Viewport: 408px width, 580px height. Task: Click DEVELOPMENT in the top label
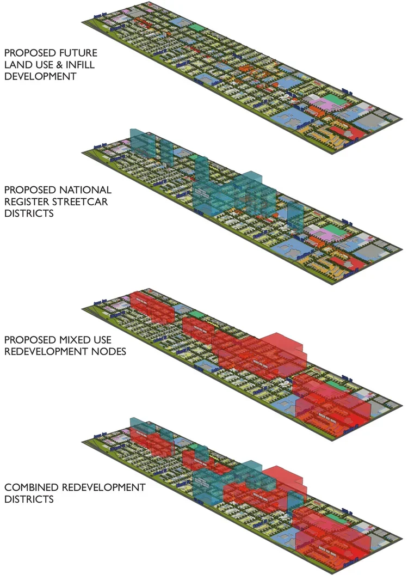40,76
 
